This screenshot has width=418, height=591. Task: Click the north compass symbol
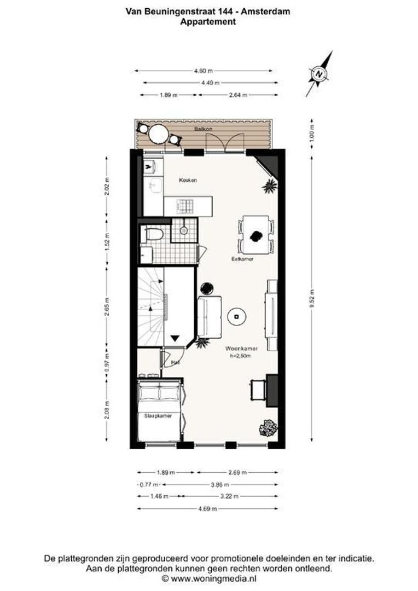point(318,73)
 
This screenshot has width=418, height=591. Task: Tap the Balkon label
point(202,129)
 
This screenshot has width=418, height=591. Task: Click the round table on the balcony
point(159,134)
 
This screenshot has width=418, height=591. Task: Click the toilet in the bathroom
point(154,235)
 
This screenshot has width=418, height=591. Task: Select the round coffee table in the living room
point(237,315)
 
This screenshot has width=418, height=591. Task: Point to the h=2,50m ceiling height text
point(241,356)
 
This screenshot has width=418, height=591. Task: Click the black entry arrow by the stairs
point(175,338)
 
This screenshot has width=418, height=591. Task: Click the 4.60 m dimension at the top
point(203,71)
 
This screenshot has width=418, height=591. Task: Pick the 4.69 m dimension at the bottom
point(207,508)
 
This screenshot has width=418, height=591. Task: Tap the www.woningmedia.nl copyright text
point(213,578)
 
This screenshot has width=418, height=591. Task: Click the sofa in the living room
point(208,316)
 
